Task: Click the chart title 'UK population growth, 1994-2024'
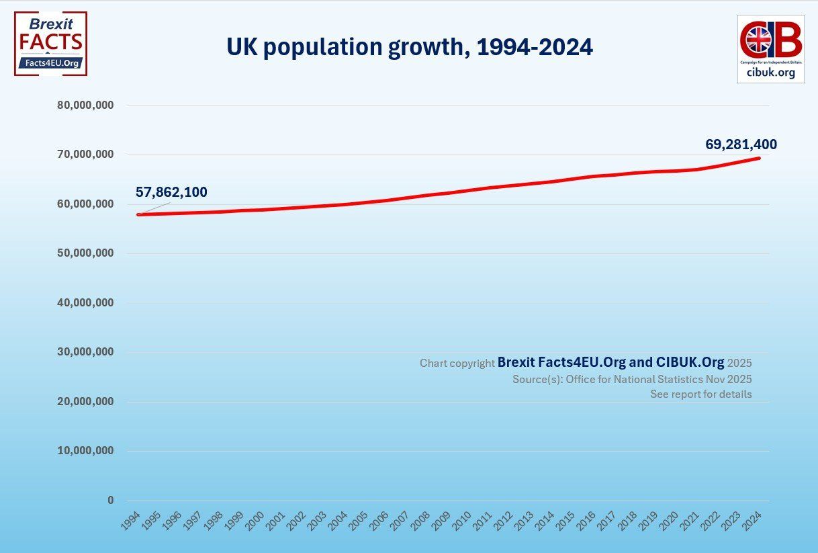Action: [x=409, y=47]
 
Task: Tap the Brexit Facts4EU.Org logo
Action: [x=50, y=43]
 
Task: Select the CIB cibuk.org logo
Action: [x=770, y=48]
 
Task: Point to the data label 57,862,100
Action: [x=171, y=192]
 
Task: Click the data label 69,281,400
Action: [x=741, y=144]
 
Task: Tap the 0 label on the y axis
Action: [x=111, y=501]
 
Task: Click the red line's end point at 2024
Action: [x=759, y=159]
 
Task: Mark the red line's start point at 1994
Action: [x=138, y=214]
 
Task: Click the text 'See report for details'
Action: [x=700, y=394]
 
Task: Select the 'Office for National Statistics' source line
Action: [x=631, y=379]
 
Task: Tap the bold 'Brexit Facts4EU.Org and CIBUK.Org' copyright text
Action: [x=610, y=363]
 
